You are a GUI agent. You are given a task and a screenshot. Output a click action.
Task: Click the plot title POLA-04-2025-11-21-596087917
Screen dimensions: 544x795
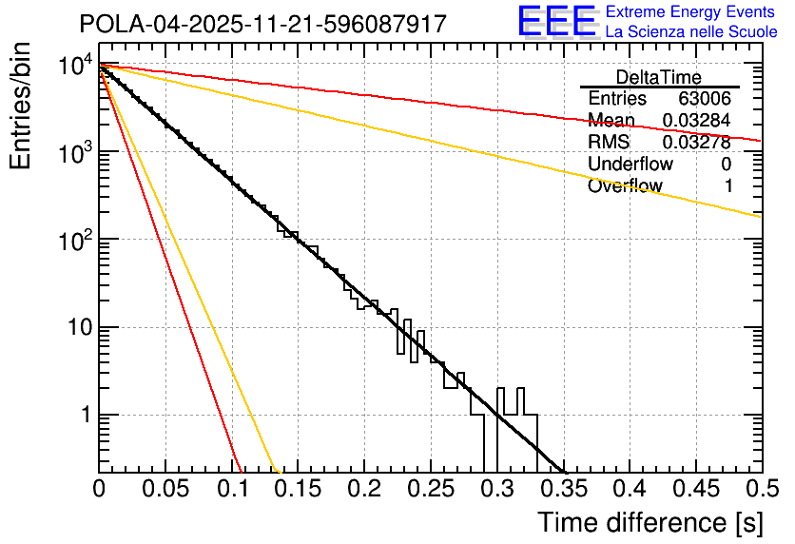click(262, 24)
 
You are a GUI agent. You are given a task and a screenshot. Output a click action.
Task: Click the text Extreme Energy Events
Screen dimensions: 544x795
click(690, 12)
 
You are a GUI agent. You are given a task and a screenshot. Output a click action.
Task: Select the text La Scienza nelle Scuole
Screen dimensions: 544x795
click(691, 32)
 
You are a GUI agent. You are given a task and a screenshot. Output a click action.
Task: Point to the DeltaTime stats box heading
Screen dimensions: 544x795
click(658, 77)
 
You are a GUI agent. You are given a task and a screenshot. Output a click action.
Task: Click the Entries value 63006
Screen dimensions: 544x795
click(705, 99)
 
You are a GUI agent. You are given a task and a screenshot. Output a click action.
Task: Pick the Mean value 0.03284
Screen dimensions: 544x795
click(696, 121)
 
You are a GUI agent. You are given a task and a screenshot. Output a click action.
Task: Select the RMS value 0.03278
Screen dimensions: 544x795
click(696, 143)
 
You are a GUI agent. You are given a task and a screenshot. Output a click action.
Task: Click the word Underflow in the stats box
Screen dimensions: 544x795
click(626, 165)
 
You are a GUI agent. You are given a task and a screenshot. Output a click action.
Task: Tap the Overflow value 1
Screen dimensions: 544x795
click(727, 186)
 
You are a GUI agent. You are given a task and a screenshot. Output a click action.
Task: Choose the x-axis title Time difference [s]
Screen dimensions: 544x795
click(650, 522)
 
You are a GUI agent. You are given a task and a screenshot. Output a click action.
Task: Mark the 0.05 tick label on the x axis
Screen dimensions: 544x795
click(165, 490)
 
